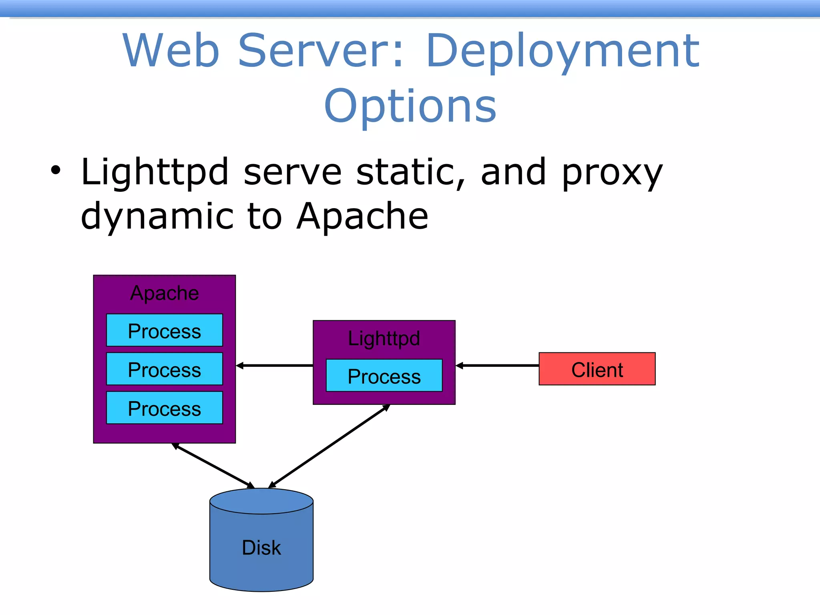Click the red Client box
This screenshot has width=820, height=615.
click(x=597, y=369)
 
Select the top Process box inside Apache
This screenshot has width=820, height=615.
click(x=164, y=330)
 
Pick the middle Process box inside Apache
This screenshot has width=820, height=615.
click(x=164, y=369)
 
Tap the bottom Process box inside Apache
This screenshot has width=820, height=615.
click(x=164, y=408)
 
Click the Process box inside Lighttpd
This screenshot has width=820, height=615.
click(x=384, y=376)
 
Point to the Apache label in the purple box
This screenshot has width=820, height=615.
click(x=164, y=293)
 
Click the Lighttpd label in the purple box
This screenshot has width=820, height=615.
click(x=384, y=338)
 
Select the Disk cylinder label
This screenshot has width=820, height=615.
click(x=261, y=547)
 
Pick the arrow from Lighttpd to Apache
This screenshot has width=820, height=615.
click(x=275, y=366)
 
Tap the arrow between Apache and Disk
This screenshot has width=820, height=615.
click(x=213, y=466)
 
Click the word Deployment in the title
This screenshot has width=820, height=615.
click(x=563, y=51)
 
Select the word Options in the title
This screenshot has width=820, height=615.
click(x=410, y=106)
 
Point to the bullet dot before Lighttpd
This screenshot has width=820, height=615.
click(x=56, y=171)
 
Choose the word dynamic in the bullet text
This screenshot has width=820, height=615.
click(x=157, y=217)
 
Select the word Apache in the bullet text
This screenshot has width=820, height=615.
click(x=362, y=216)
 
